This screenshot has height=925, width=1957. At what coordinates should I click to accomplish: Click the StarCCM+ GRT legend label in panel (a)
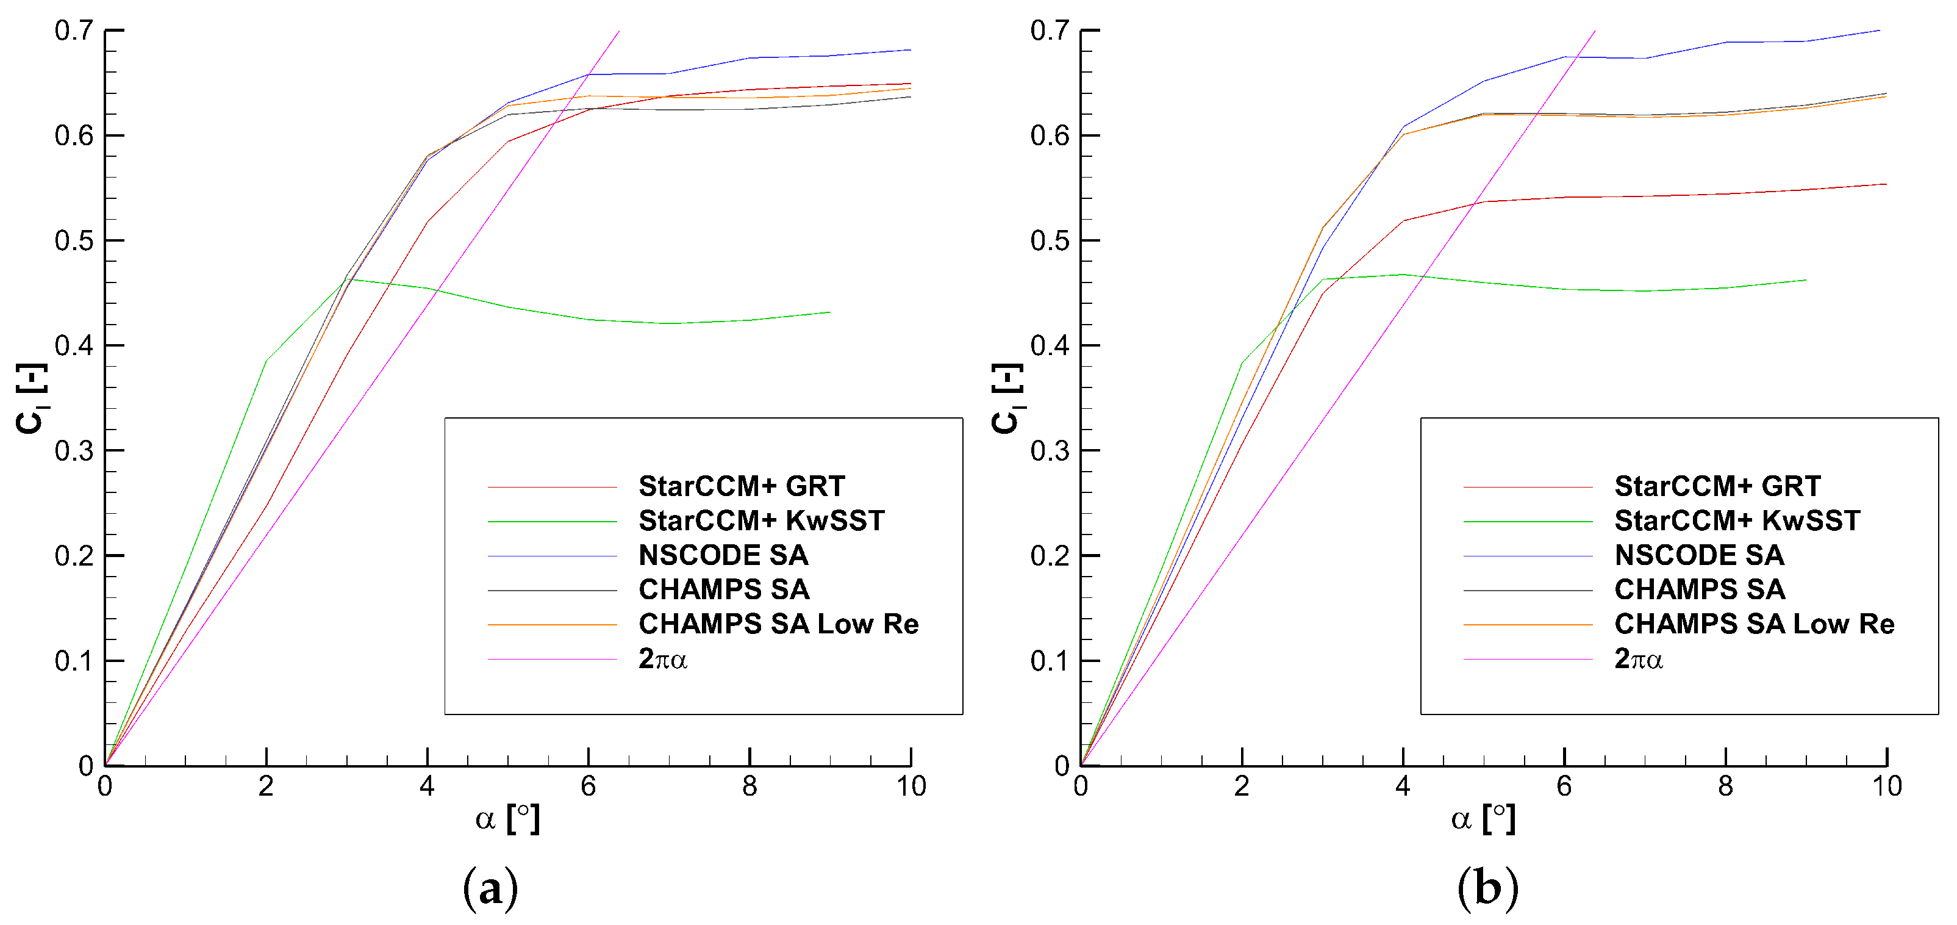point(742,486)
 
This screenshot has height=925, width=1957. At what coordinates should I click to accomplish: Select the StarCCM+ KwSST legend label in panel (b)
point(1737,520)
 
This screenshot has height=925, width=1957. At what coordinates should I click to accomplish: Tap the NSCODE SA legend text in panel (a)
point(723,555)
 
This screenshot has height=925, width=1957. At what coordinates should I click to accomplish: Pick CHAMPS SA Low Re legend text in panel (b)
point(1754,624)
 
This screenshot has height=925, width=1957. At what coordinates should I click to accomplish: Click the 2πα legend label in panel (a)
point(662,658)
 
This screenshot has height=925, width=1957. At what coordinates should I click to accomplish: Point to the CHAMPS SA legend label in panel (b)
point(1700,589)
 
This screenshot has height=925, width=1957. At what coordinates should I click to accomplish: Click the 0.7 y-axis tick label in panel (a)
point(74,31)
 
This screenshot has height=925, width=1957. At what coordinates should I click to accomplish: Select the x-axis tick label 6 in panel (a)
point(588,786)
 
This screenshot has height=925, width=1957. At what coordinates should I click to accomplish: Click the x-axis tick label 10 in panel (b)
point(1886,786)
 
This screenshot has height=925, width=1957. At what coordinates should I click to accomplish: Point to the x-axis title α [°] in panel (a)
point(507,819)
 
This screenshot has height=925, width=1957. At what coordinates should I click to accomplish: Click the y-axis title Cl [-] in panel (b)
point(1007,397)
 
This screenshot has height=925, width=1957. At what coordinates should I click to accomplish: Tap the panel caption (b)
point(1487,888)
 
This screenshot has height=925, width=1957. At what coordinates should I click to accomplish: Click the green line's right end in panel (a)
point(829,312)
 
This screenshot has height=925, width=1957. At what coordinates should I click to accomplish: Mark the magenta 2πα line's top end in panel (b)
point(1595,31)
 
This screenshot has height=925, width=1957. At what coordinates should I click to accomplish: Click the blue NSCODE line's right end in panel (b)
point(1880,31)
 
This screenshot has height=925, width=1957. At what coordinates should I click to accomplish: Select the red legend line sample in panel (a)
point(551,486)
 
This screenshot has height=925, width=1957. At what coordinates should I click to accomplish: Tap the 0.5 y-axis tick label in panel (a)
point(74,241)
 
